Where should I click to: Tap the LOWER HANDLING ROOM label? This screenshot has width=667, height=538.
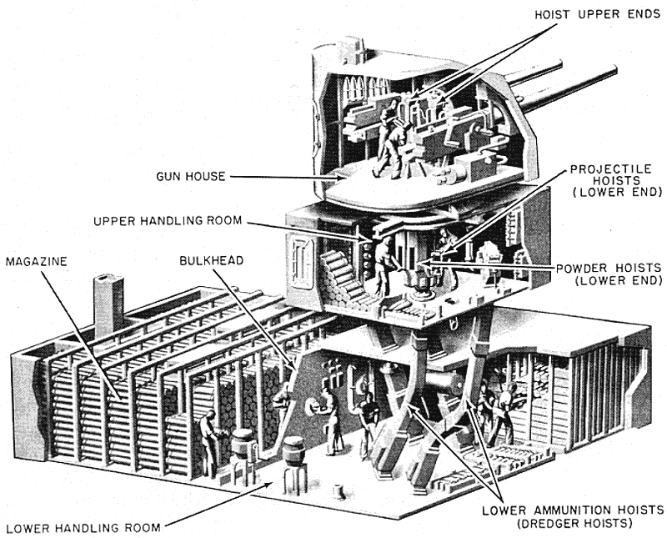[82, 528]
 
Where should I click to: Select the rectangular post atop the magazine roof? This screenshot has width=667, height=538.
[105, 303]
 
